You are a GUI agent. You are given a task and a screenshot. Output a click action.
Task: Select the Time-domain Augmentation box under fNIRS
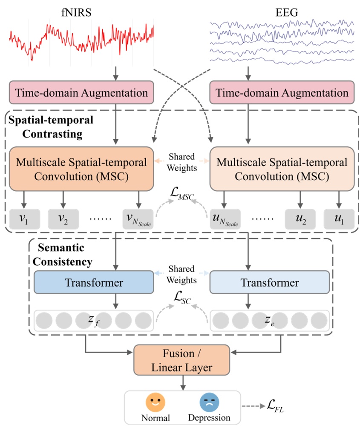pos(81,92)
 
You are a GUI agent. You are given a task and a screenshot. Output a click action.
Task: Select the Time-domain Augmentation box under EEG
pos(280,92)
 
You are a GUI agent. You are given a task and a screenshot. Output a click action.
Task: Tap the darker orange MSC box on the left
pos(81,168)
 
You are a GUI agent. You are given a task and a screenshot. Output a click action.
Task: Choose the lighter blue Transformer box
pos(270,282)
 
